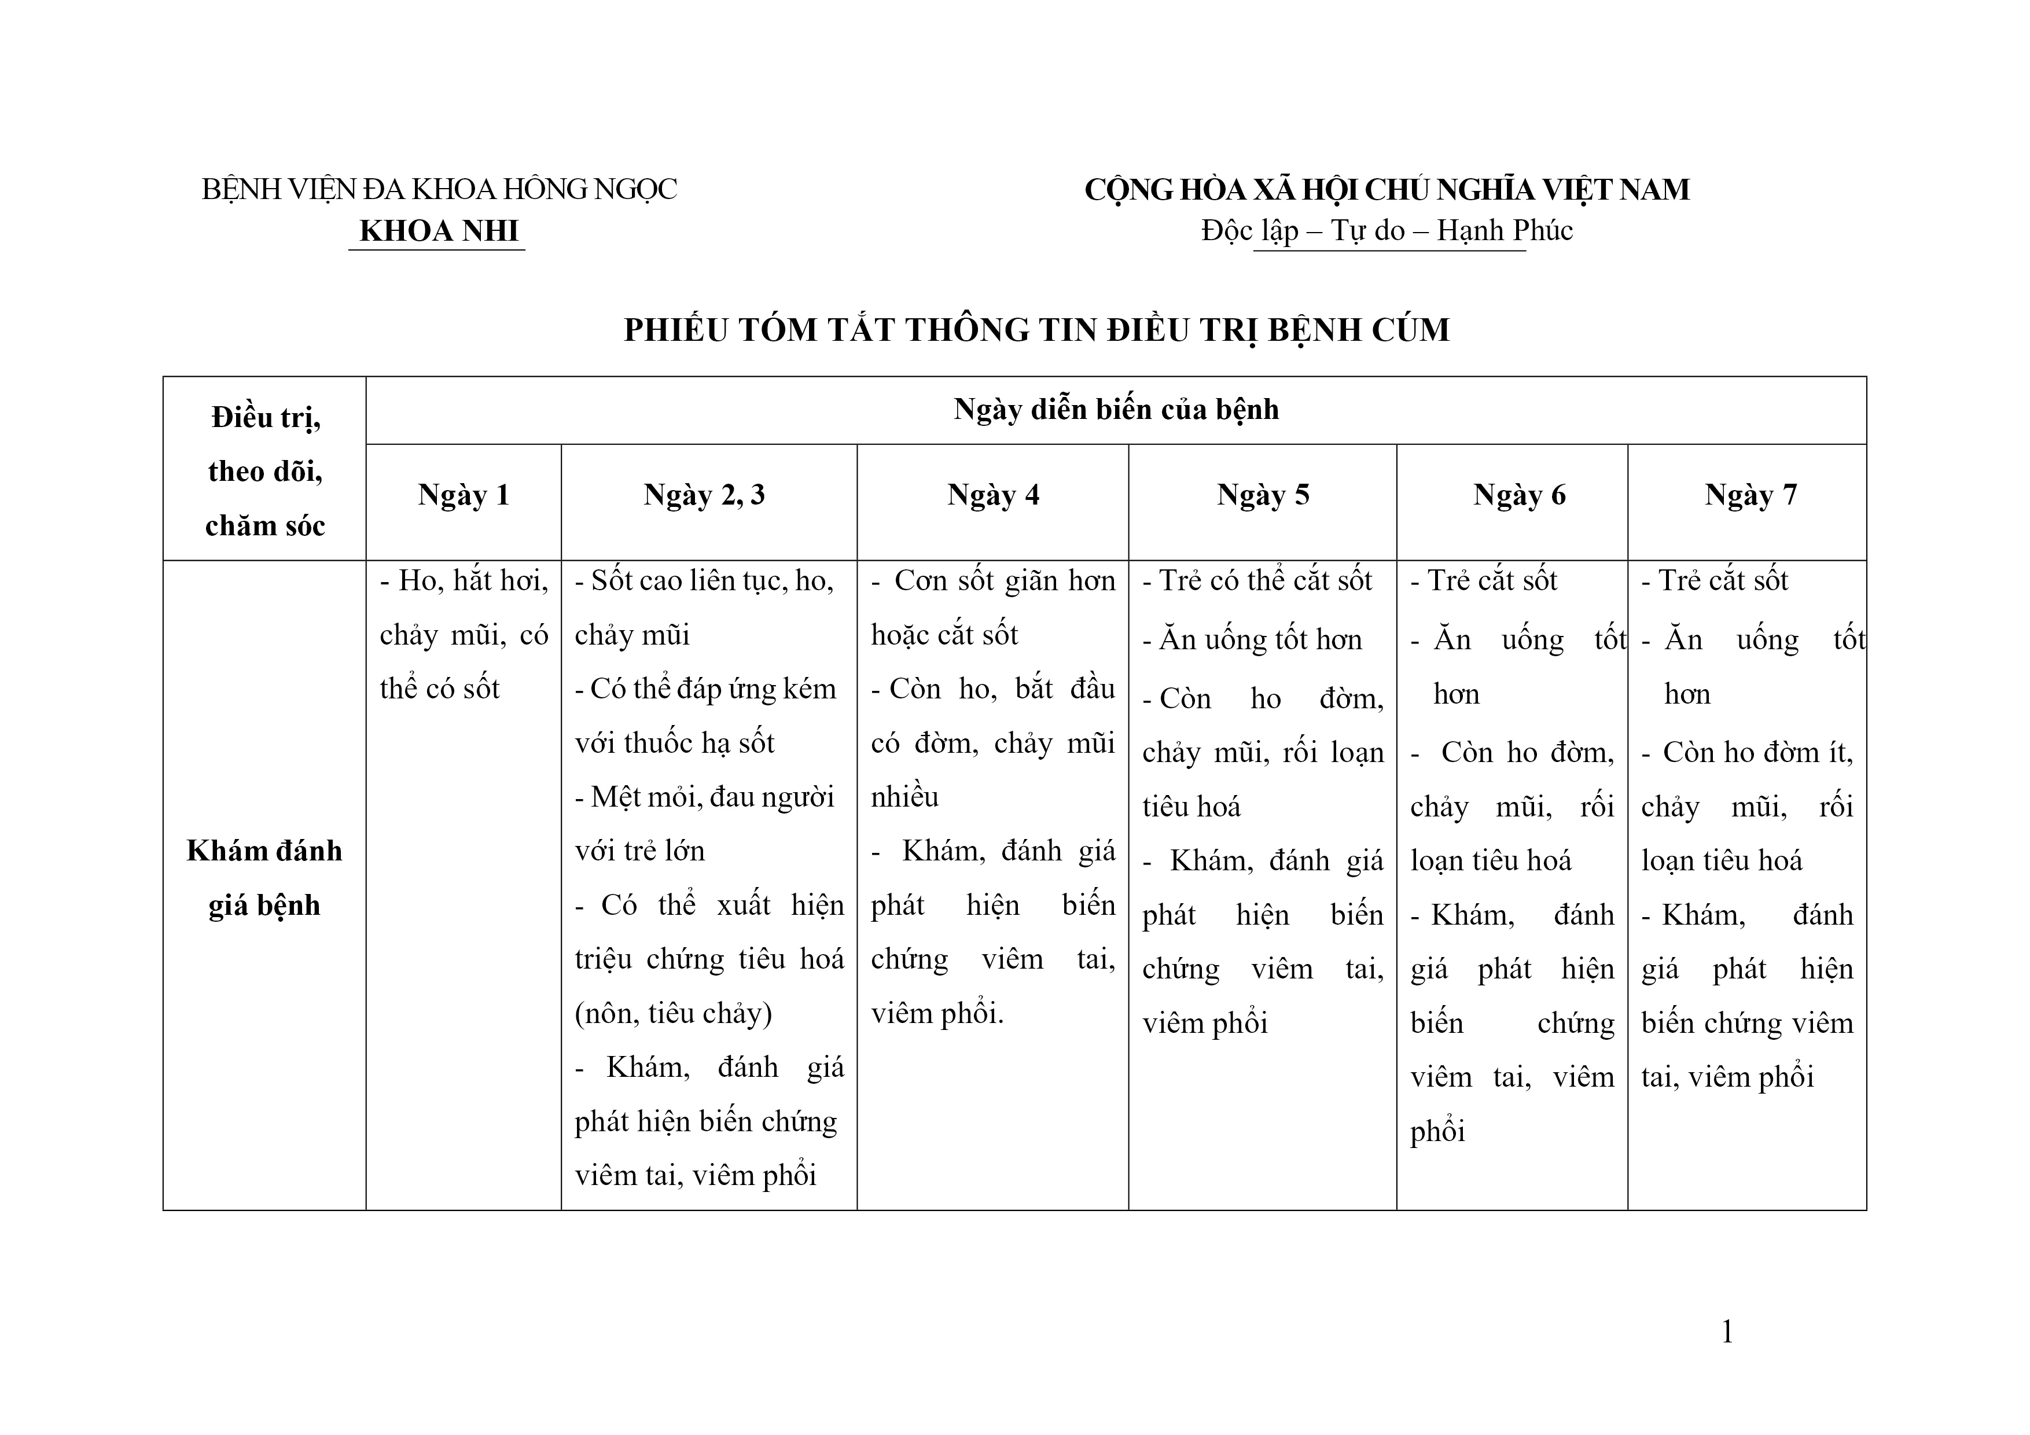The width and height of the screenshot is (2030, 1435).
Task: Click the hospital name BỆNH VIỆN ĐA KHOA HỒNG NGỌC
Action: pyautogui.click(x=439, y=189)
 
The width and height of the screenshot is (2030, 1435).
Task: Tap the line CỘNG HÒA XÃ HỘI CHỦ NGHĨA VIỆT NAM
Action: pyautogui.click(x=1387, y=189)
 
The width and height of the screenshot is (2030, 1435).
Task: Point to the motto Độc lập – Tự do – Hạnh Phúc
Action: pyautogui.click(x=1387, y=231)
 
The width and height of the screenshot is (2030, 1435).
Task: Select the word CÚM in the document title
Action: pyautogui.click(x=1410, y=330)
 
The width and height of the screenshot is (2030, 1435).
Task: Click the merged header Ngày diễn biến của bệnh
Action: pyautogui.click(x=1116, y=409)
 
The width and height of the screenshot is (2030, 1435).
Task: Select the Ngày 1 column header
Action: pyautogui.click(x=464, y=495)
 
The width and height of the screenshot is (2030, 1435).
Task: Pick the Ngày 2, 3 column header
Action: pyautogui.click(x=704, y=495)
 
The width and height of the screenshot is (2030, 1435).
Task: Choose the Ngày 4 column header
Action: pyautogui.click(x=993, y=495)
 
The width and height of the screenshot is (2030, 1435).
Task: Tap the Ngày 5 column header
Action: pyautogui.click(x=1263, y=495)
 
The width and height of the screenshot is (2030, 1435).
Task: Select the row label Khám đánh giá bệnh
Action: pyautogui.click(x=264, y=877)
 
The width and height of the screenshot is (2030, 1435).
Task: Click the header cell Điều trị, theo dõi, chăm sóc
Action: pyautogui.click(x=264, y=470)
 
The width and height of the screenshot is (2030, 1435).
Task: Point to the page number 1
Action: pyautogui.click(x=1727, y=1331)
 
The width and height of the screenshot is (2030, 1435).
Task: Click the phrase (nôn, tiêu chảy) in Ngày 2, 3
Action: pyautogui.click(x=673, y=1013)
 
